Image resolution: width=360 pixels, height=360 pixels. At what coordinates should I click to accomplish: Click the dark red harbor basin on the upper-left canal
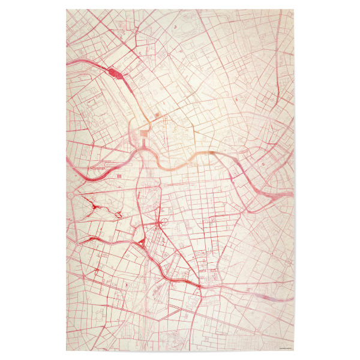click(116, 74)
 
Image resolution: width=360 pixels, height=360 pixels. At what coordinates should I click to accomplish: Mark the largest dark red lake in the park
click(94, 208)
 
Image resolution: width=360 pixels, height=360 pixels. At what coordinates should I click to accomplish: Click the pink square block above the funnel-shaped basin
click(146, 128)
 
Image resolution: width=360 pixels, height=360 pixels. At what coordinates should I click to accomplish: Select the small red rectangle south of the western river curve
click(118, 175)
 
